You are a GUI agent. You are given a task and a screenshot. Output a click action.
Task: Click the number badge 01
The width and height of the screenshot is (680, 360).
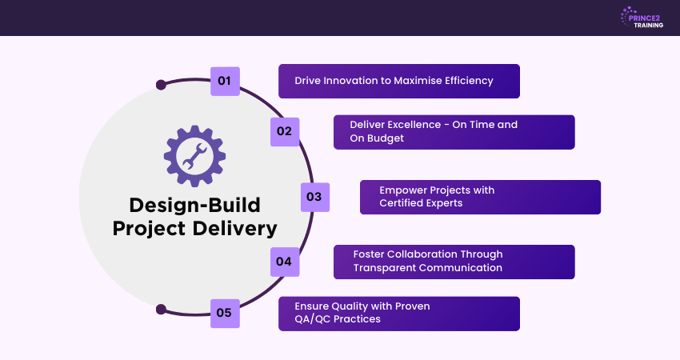click(x=225, y=81)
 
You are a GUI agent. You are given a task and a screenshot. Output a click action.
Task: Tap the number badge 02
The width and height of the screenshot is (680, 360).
click(x=285, y=131)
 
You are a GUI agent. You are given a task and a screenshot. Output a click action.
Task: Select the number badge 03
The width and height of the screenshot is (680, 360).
click(x=314, y=197)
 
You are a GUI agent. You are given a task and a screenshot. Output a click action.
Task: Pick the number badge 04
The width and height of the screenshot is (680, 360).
click(x=285, y=262)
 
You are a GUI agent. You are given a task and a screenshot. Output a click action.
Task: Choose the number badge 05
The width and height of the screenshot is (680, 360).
click(x=225, y=313)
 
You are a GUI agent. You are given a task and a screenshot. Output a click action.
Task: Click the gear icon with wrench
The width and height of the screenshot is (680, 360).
click(x=194, y=155)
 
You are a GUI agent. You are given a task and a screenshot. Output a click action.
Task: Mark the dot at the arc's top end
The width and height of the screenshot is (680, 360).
click(x=161, y=84)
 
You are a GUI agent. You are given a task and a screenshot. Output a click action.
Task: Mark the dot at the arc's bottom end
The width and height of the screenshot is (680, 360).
click(x=161, y=310)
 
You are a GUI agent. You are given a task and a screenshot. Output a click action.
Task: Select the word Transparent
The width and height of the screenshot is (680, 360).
click(x=388, y=267)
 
